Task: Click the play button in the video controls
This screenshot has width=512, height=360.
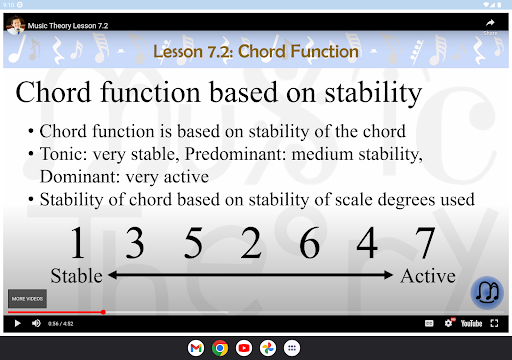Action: (x=16, y=323)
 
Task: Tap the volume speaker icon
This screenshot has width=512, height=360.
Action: (x=37, y=323)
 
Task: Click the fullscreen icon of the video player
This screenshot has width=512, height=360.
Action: (x=494, y=323)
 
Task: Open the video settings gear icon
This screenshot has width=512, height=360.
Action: (x=449, y=323)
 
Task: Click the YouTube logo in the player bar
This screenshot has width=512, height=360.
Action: (x=472, y=323)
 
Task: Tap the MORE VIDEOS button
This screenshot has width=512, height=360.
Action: (x=26, y=299)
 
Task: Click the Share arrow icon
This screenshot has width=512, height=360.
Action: (x=491, y=23)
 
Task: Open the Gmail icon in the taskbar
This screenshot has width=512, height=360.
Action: (x=195, y=348)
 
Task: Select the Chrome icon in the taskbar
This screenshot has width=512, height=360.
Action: (x=219, y=348)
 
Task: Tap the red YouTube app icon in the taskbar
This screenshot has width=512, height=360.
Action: (x=243, y=348)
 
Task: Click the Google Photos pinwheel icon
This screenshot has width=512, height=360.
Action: (x=267, y=348)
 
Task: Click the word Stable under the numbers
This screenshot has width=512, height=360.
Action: (x=77, y=275)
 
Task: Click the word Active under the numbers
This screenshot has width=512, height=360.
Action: (x=428, y=275)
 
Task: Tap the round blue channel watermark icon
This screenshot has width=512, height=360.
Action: (x=487, y=293)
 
